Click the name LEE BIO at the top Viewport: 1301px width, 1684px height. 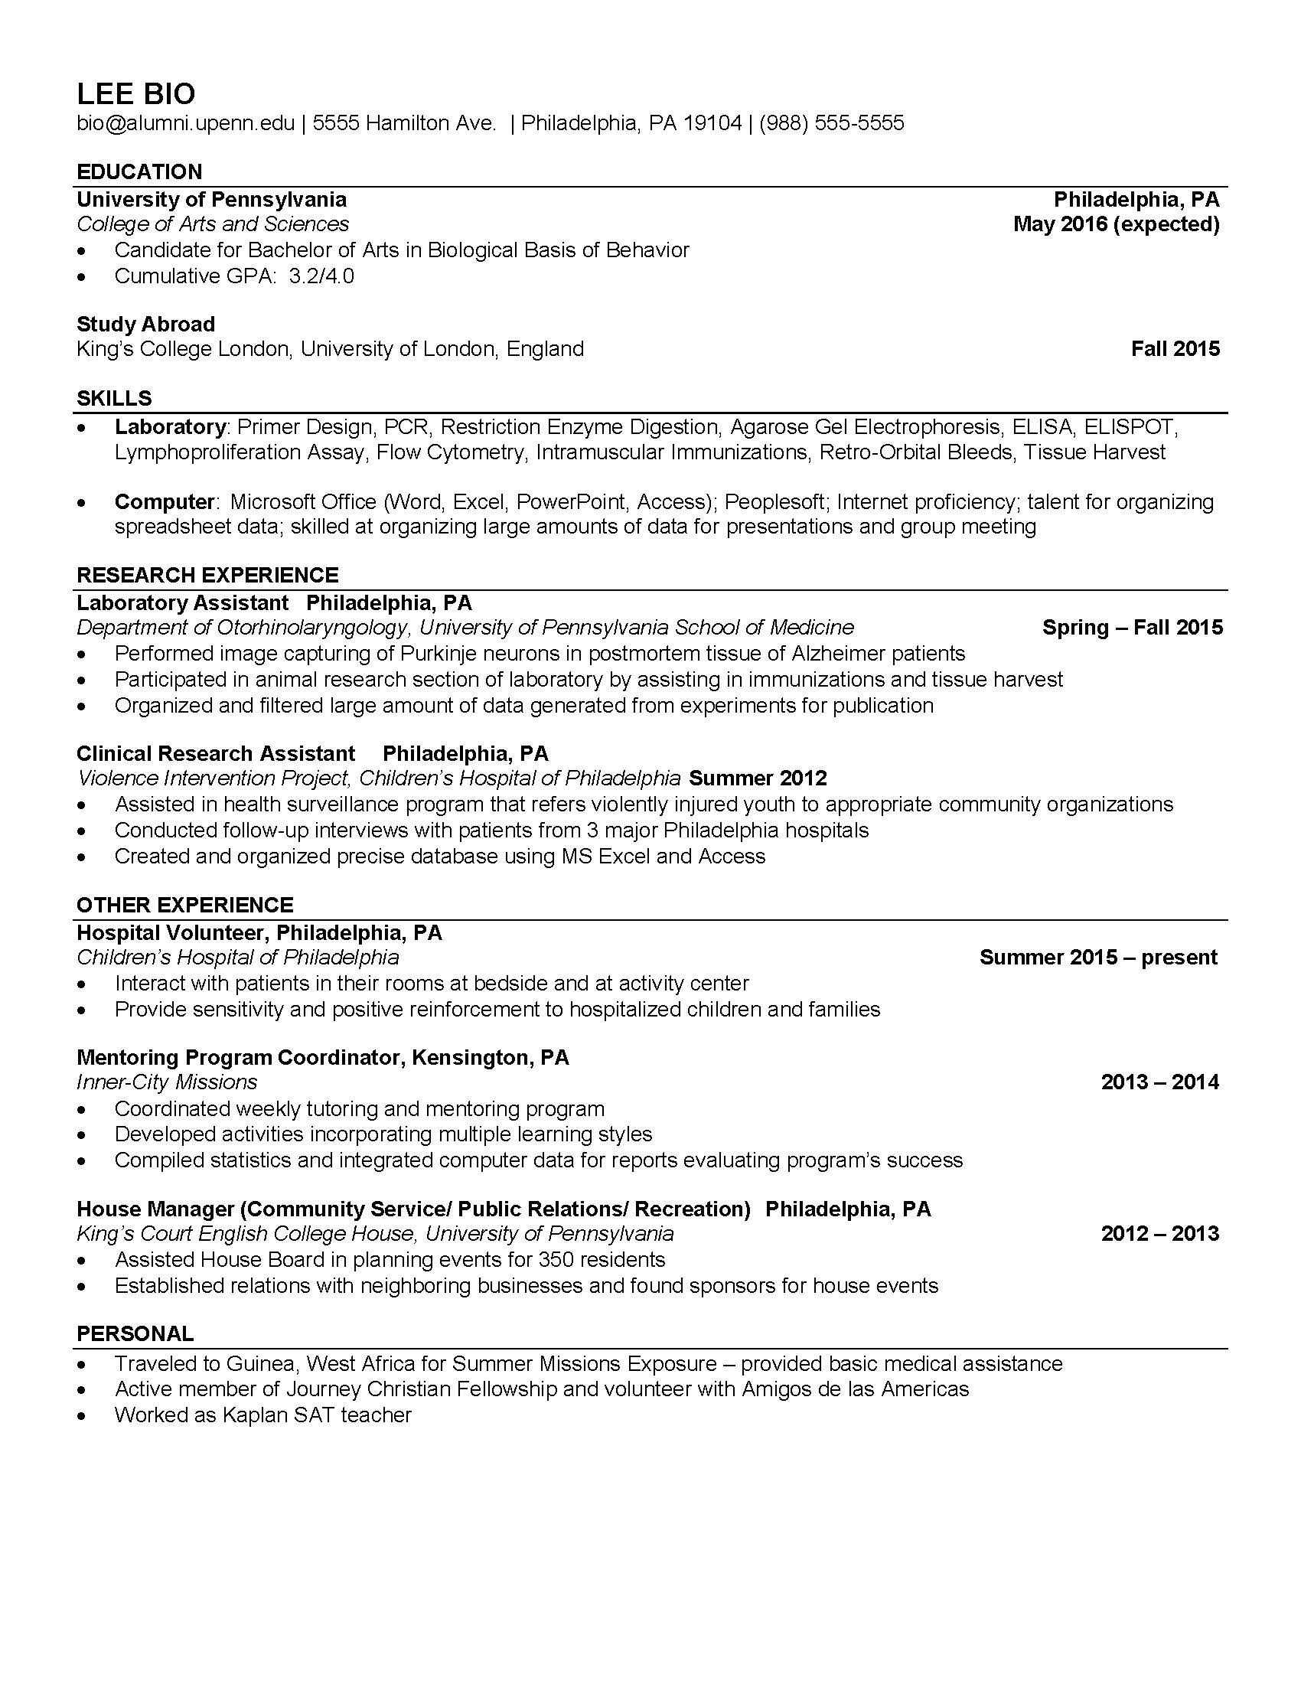tap(135, 94)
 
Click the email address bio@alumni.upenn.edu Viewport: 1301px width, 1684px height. tap(185, 123)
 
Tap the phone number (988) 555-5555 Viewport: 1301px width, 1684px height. tap(831, 123)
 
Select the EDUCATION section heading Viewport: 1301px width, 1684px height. tap(139, 172)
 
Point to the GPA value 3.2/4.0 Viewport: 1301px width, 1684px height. tap(321, 276)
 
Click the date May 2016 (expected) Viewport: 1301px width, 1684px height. tap(1116, 224)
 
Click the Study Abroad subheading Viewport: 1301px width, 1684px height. tap(145, 324)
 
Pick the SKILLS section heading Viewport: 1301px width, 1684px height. tap(114, 399)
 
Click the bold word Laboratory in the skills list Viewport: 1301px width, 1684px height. tap(170, 426)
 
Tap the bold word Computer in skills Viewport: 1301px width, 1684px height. tap(165, 502)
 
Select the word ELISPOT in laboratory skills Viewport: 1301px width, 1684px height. tap(1129, 426)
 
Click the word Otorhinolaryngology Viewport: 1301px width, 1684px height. tap(312, 628)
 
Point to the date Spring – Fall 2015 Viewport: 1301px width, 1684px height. tap(1132, 628)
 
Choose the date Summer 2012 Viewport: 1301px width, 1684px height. tap(758, 778)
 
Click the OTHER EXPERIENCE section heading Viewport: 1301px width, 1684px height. tap(185, 905)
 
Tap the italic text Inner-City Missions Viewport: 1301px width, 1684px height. tap(167, 1082)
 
